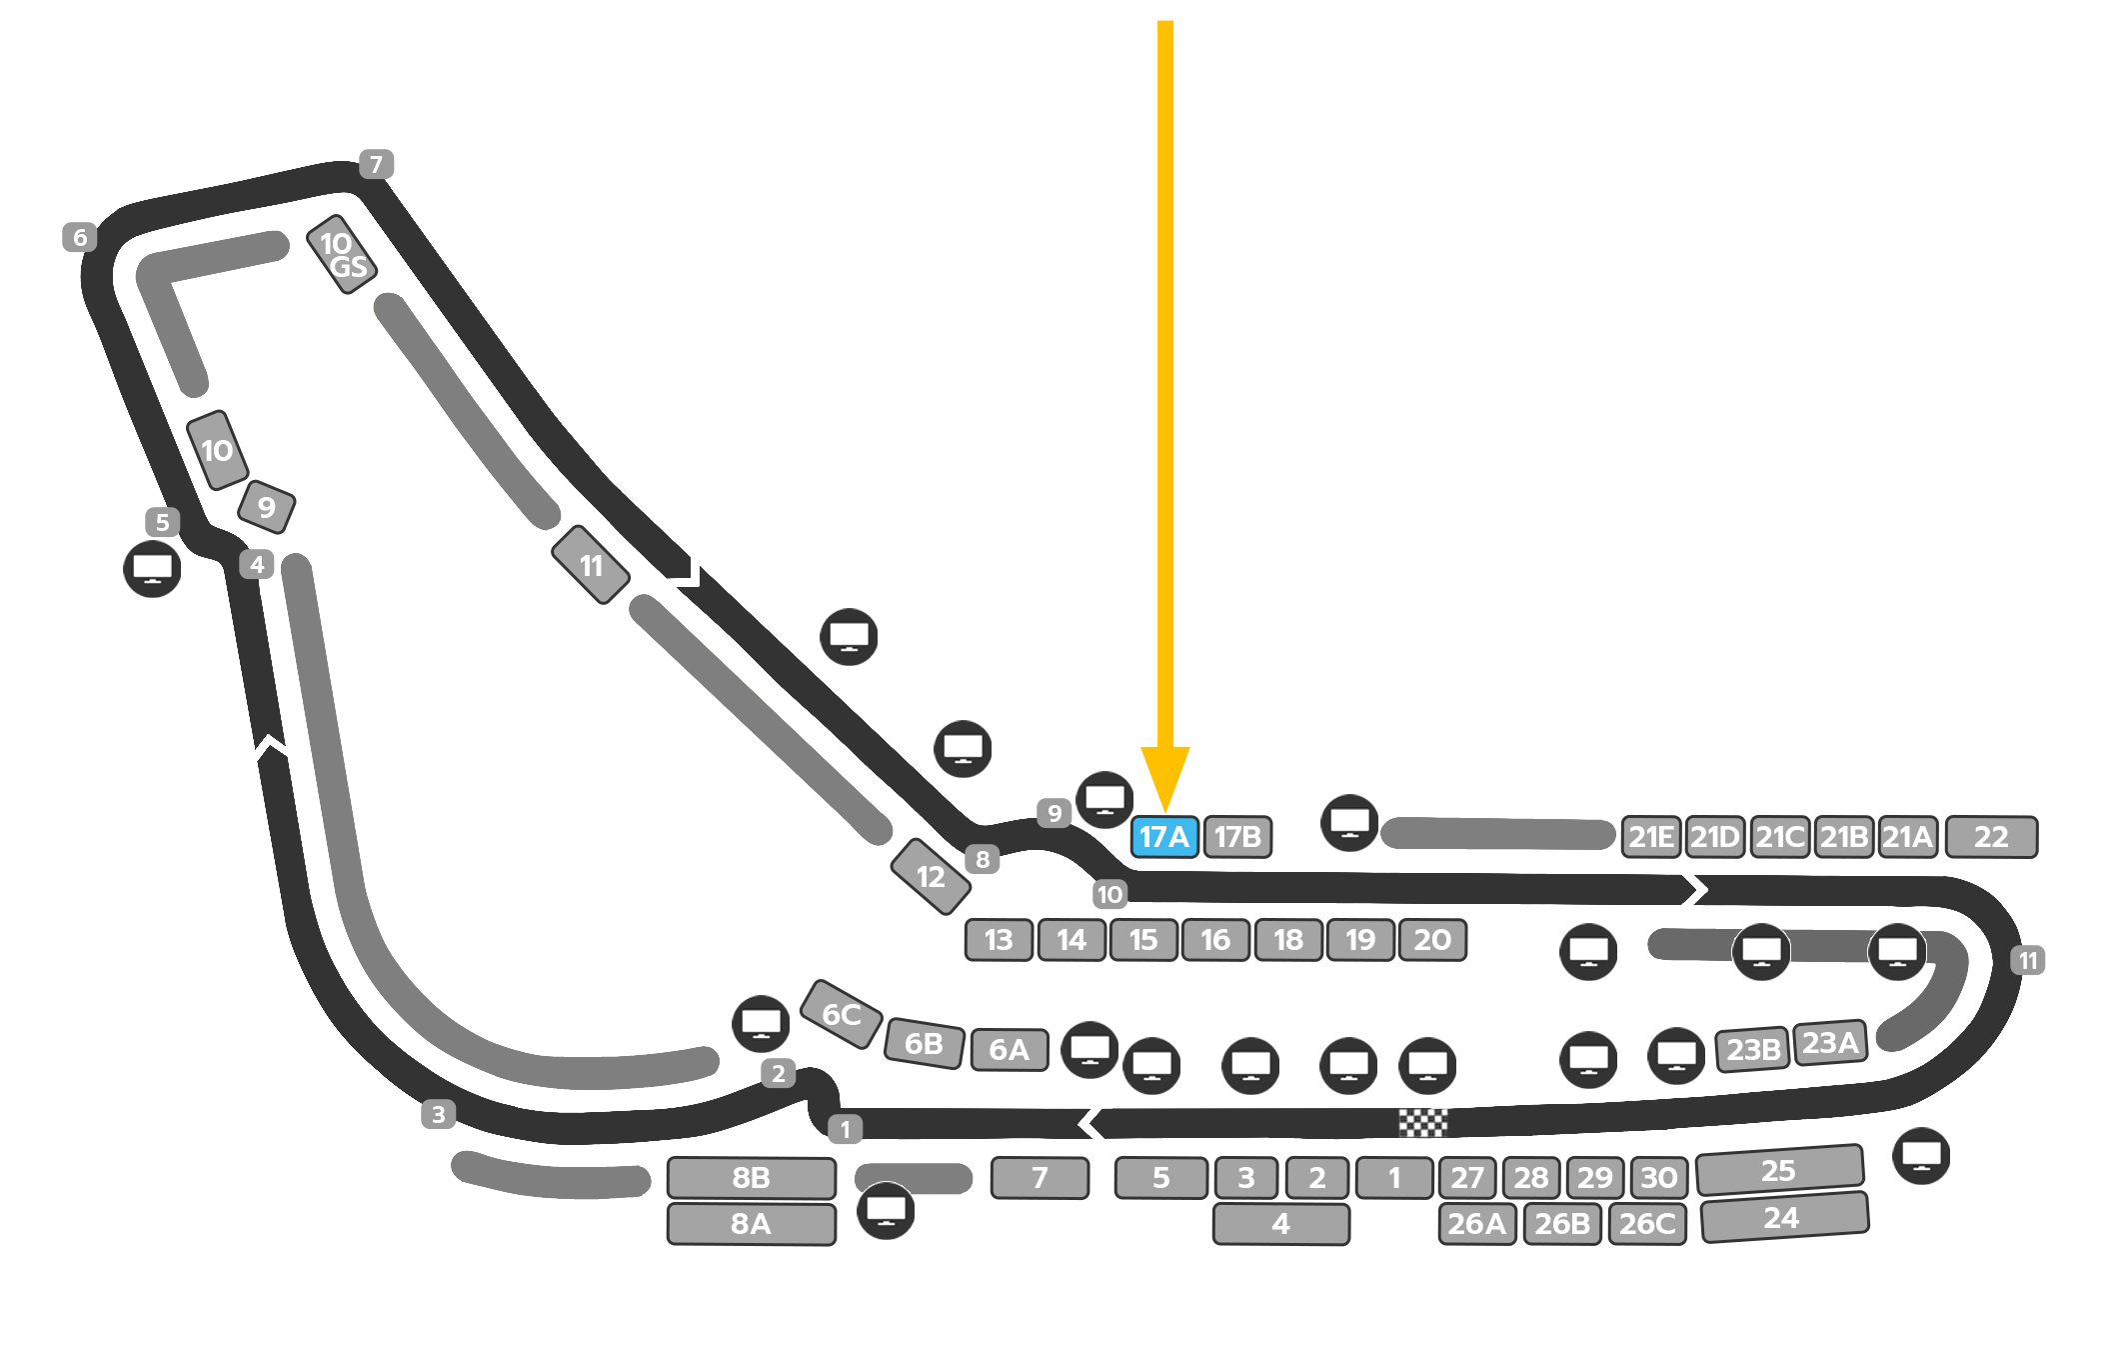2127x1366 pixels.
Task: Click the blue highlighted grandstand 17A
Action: [1164, 836]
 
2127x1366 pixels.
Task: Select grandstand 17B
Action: [1237, 836]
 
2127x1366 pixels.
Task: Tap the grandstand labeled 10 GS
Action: [342, 254]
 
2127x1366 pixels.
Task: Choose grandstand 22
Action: [1991, 836]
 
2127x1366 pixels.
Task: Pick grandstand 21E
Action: [1650, 836]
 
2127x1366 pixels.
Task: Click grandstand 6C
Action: [842, 1014]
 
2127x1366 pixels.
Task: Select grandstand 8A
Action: [751, 1224]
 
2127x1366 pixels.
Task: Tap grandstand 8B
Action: [751, 1178]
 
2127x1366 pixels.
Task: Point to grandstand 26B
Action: [1562, 1224]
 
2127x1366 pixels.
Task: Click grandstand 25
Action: [1779, 1170]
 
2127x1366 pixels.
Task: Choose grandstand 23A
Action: [1830, 1043]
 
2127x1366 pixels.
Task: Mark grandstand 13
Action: [999, 940]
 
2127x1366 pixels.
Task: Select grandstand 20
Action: [1432, 940]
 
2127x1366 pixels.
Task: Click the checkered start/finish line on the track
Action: [1422, 1123]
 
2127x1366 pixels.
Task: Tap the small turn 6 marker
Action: [80, 237]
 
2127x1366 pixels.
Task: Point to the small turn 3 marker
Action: [438, 1114]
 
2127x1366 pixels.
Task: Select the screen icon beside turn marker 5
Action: [152, 569]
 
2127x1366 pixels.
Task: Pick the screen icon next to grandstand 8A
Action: [886, 1211]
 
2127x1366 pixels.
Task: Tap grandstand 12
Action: [931, 877]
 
